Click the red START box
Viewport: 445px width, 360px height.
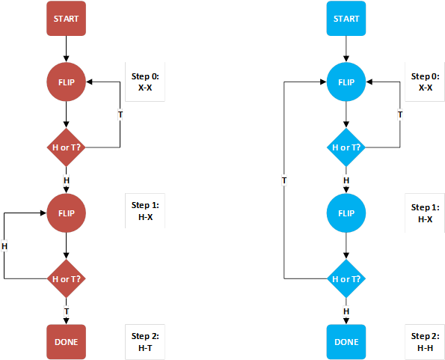[67, 19]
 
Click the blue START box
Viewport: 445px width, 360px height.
[346, 19]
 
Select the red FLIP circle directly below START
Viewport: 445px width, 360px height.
[67, 82]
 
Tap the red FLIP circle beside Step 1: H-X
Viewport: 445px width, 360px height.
[67, 213]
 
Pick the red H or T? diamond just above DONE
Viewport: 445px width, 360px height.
[67, 278]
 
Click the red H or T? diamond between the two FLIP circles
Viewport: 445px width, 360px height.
[67, 147]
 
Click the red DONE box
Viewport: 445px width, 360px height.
[67, 341]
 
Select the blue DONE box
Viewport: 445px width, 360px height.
[346, 341]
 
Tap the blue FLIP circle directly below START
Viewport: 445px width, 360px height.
[346, 82]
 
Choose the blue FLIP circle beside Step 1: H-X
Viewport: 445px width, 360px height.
[346, 213]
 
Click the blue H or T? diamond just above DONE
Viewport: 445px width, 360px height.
[346, 278]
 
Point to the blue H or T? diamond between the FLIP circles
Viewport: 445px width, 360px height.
[346, 147]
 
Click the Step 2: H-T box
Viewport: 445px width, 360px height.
[145, 341]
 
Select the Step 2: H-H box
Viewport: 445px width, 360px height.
[426, 341]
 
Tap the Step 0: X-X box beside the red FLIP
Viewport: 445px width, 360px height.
[145, 82]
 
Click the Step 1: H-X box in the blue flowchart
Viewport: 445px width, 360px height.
[426, 213]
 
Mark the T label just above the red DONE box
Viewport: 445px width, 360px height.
[67, 311]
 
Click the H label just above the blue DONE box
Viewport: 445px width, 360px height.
[346, 311]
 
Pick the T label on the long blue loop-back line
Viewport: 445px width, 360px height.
[284, 180]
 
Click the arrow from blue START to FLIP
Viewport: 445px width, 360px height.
[346, 49]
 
